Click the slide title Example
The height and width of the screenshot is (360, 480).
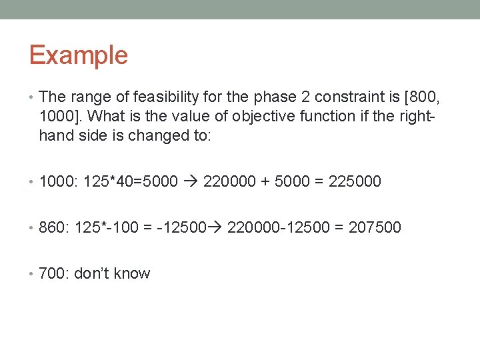(x=78, y=55)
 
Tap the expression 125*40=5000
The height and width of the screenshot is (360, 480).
(x=130, y=181)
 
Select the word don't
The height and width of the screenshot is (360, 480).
(x=93, y=273)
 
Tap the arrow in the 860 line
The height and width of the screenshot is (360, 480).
(x=217, y=227)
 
